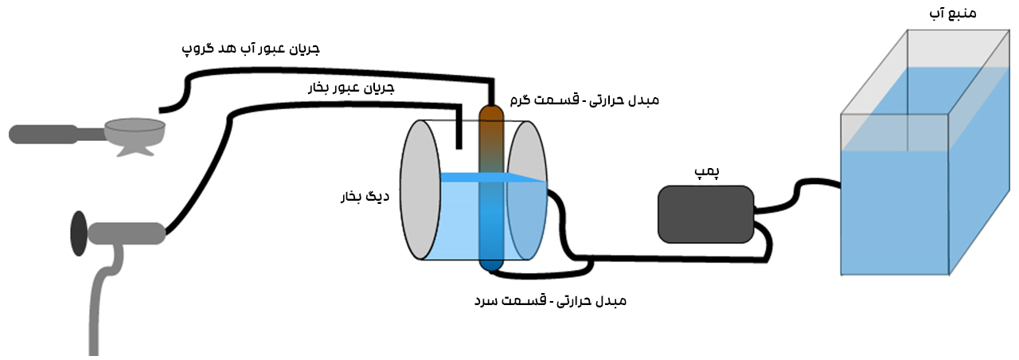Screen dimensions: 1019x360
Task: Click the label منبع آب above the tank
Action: tap(953, 13)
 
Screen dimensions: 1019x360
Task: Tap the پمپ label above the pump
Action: tap(706, 172)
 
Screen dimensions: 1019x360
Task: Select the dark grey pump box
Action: tap(706, 214)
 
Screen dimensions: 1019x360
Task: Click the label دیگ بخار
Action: tap(365, 197)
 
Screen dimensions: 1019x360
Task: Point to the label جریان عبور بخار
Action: tap(351, 88)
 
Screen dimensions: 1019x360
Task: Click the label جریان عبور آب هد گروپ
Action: tap(251, 49)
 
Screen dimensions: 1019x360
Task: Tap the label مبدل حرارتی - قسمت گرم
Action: tap(584, 100)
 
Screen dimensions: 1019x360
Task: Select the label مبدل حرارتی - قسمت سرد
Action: tap(550, 301)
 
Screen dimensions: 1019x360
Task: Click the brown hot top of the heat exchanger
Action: tap(491, 123)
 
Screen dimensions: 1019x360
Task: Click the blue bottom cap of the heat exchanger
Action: tap(491, 263)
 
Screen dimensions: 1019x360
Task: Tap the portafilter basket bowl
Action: tap(135, 131)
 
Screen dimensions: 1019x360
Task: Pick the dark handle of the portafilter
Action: tap(44, 135)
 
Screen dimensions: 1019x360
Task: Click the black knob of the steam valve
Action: tap(79, 233)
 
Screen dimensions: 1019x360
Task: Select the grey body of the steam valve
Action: tap(127, 233)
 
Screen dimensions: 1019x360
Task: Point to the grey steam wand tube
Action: tap(103, 300)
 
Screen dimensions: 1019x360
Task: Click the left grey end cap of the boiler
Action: tap(420, 190)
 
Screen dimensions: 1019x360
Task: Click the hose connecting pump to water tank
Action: tap(797, 196)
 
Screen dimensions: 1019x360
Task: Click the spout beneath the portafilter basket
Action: tap(135, 151)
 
